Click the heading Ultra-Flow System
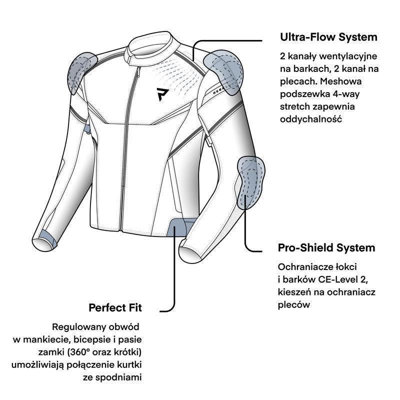pos(328,37)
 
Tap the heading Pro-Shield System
pos(326,248)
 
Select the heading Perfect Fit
pos(115,308)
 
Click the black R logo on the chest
pos(162,94)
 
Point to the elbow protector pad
pos(250,182)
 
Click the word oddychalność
pos(310,119)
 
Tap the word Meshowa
pos(341,81)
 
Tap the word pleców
pos(294,305)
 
